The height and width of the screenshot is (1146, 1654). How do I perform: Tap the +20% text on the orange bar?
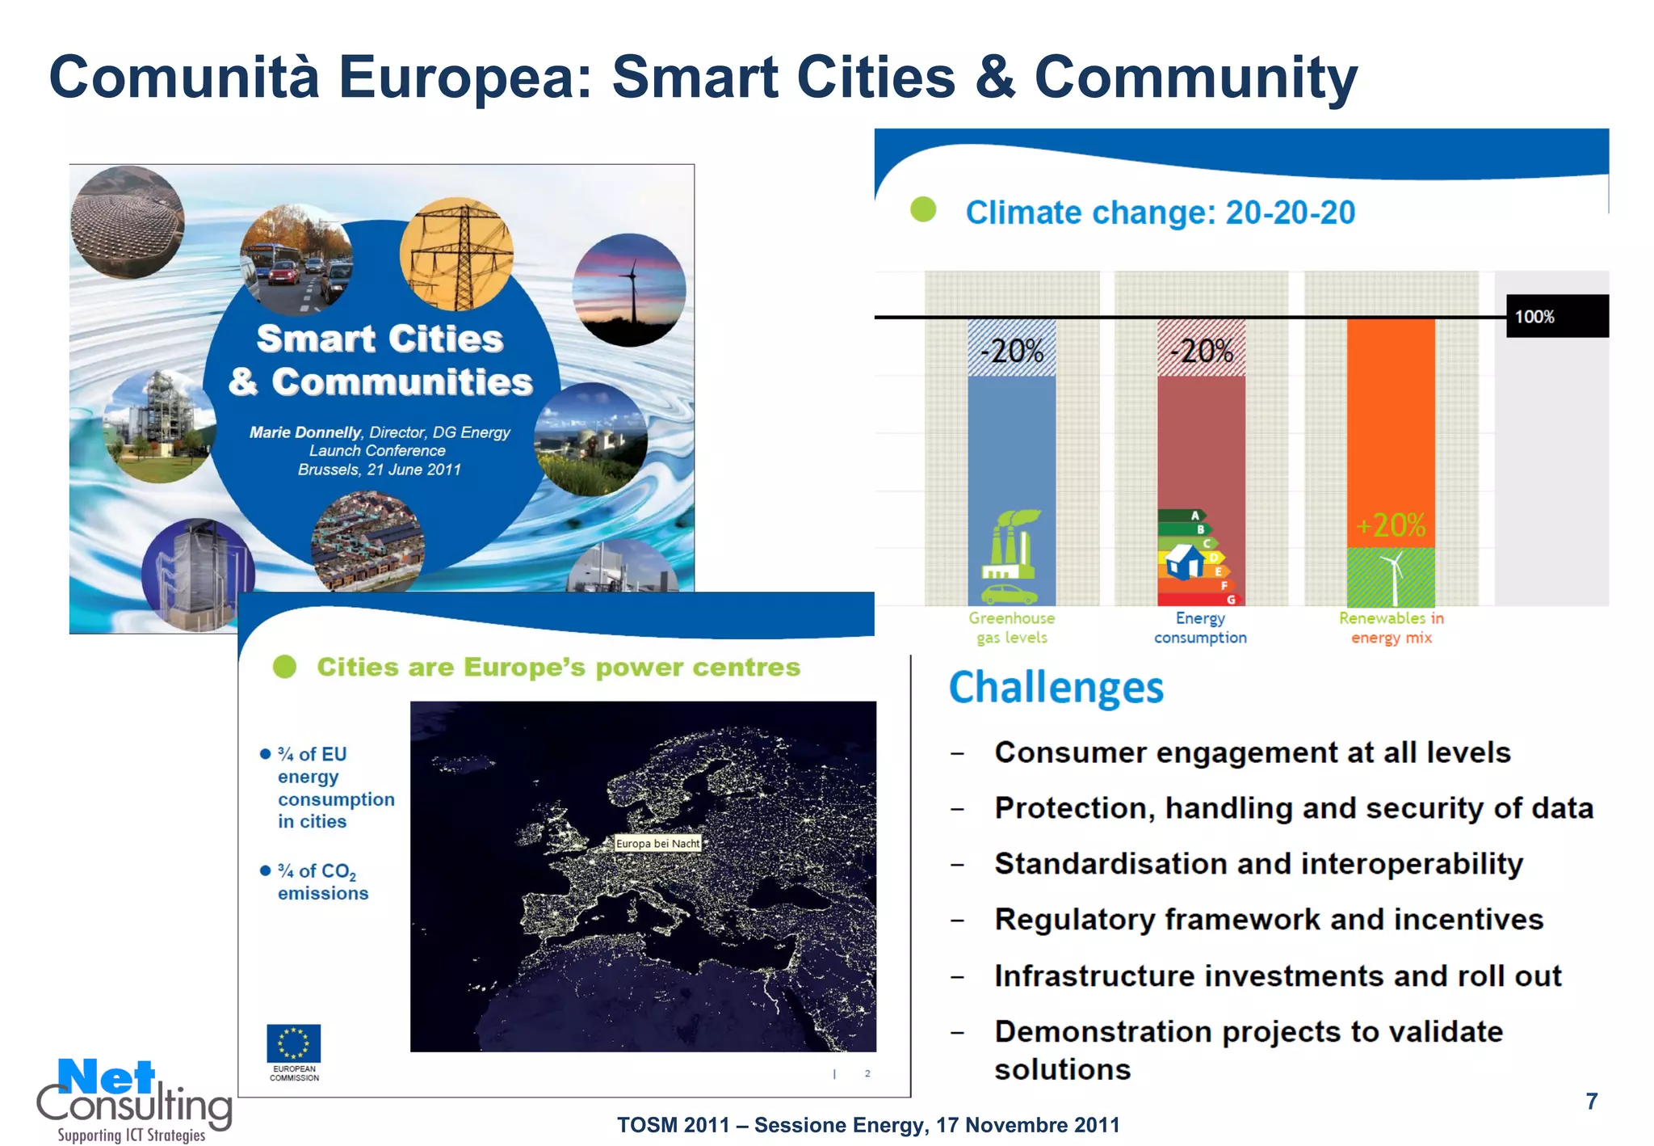[1391, 525]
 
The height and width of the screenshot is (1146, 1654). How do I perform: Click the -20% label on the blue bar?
[1011, 351]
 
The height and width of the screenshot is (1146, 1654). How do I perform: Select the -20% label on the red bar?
[1202, 351]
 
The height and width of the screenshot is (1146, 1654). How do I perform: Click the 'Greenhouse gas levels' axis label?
[1011, 628]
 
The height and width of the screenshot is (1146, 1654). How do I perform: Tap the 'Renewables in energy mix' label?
[1391, 628]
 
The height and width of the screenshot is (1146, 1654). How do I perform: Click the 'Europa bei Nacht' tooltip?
[657, 843]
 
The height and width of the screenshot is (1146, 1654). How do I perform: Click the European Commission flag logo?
[294, 1043]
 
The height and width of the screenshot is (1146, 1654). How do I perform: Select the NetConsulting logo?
[133, 1099]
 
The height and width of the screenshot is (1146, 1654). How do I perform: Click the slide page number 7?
[1591, 1102]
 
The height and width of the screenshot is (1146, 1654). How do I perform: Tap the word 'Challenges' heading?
[1056, 688]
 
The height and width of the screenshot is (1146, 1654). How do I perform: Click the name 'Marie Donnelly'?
[304, 432]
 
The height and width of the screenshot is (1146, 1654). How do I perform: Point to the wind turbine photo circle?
[629, 289]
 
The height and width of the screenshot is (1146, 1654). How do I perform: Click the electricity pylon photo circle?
[456, 254]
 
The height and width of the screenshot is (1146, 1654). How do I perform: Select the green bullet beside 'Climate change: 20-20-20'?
[922, 210]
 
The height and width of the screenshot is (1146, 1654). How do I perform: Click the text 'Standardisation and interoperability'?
[1257, 864]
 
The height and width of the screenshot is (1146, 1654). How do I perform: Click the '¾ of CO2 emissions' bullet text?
[321, 882]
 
